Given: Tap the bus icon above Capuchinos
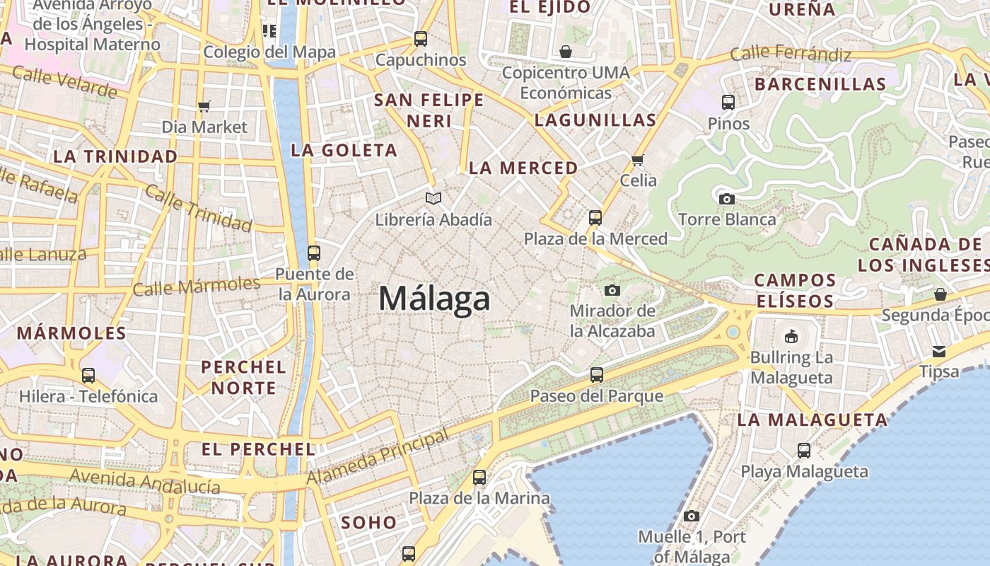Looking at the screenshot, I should [421, 38].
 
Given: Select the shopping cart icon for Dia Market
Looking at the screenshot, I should [204, 106].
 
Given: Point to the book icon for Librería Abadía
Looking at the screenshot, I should [433, 199].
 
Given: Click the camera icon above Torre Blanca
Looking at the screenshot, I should [726, 199].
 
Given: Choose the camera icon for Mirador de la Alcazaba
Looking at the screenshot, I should [612, 290].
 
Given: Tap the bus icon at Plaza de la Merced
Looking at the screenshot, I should [595, 217].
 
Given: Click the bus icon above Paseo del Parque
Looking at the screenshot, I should [597, 374].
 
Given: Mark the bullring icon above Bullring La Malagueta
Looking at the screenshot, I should [791, 336].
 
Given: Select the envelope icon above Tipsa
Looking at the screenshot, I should [939, 351].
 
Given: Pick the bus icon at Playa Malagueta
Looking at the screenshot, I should [804, 450].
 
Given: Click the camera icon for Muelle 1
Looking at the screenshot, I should [692, 516].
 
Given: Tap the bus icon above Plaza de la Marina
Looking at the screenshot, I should [479, 478].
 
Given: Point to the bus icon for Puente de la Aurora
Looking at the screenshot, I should [314, 253].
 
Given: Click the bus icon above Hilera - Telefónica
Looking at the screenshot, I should [88, 375].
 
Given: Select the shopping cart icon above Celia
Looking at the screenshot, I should [638, 160].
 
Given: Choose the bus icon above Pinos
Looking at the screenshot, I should [728, 102].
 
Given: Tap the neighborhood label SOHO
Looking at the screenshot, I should [369, 523].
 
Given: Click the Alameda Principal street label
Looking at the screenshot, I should [378, 458].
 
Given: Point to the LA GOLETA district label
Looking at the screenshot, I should [344, 150].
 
